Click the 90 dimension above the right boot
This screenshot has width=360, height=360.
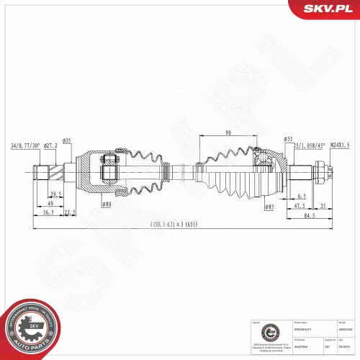[x=228, y=132]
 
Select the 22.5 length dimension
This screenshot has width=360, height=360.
[x=70, y=213]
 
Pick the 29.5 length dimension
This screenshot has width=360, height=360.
[x=55, y=195]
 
